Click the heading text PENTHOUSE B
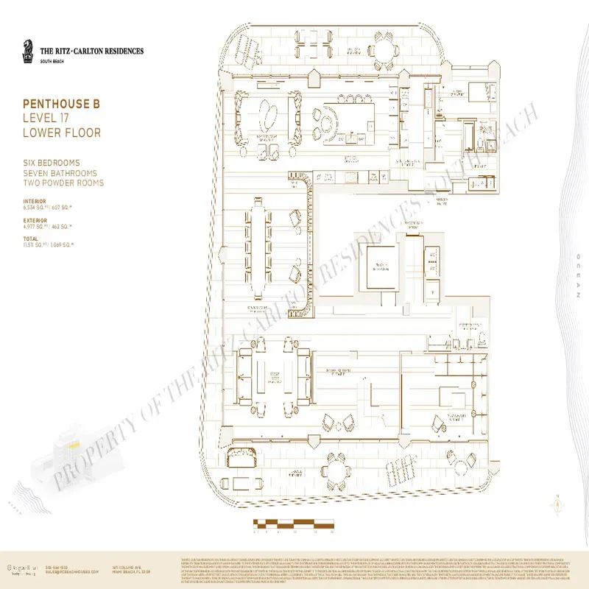tap(61, 104)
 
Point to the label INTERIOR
tap(35, 200)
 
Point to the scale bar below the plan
tap(293, 523)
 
